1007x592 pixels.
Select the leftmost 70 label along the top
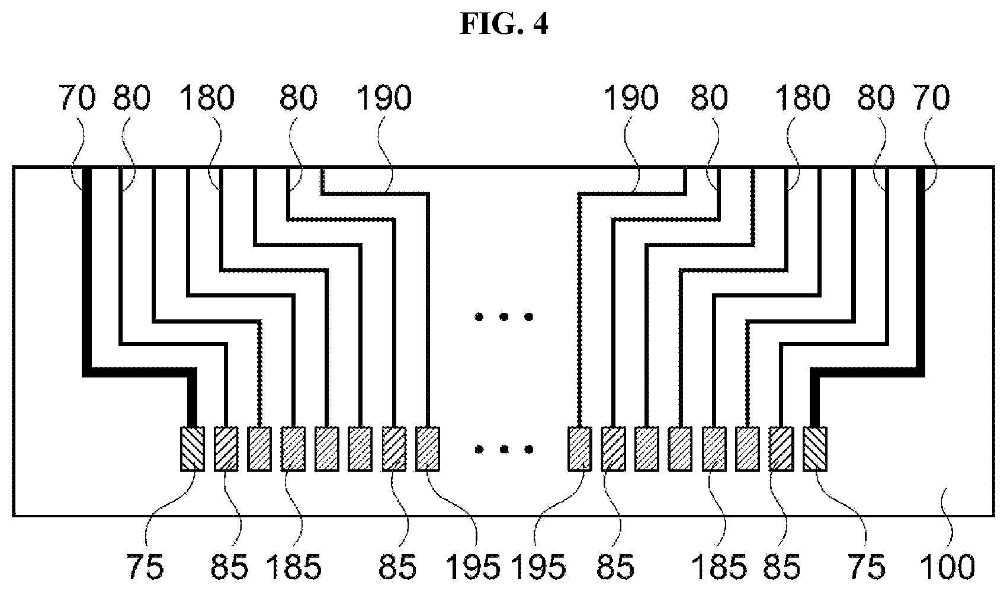coord(77,98)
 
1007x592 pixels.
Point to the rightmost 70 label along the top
coord(932,98)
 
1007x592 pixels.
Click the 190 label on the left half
coord(383,98)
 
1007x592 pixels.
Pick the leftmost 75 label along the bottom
coord(145,567)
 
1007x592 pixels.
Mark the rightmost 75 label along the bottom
coord(867,567)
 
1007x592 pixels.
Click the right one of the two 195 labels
coord(538,567)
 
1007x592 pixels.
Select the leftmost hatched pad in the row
coord(193,449)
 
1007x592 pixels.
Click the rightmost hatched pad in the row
coord(814,449)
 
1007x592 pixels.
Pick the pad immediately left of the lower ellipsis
coord(428,449)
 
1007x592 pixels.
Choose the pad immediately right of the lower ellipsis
coord(580,449)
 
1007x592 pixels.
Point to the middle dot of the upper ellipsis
coord(504,317)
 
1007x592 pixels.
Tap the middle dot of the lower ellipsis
coord(504,450)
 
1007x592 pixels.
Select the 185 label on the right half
coord(719,567)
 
